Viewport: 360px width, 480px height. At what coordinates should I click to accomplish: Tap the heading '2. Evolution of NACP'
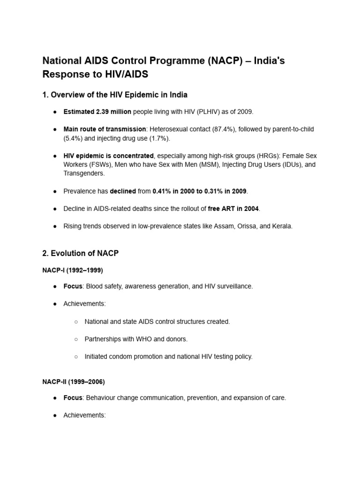[x=80, y=253]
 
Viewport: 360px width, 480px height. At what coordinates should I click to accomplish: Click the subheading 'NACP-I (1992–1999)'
[x=73, y=270]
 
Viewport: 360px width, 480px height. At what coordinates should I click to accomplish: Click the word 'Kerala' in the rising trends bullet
[x=281, y=226]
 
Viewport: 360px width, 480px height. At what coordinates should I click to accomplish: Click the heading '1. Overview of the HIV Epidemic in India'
[x=115, y=95]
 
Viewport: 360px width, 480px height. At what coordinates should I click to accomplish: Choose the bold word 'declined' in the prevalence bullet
[x=122, y=191]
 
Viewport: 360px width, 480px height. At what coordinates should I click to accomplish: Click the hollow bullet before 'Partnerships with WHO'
[x=76, y=339]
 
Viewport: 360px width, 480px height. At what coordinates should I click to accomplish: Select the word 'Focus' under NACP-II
[x=73, y=398]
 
